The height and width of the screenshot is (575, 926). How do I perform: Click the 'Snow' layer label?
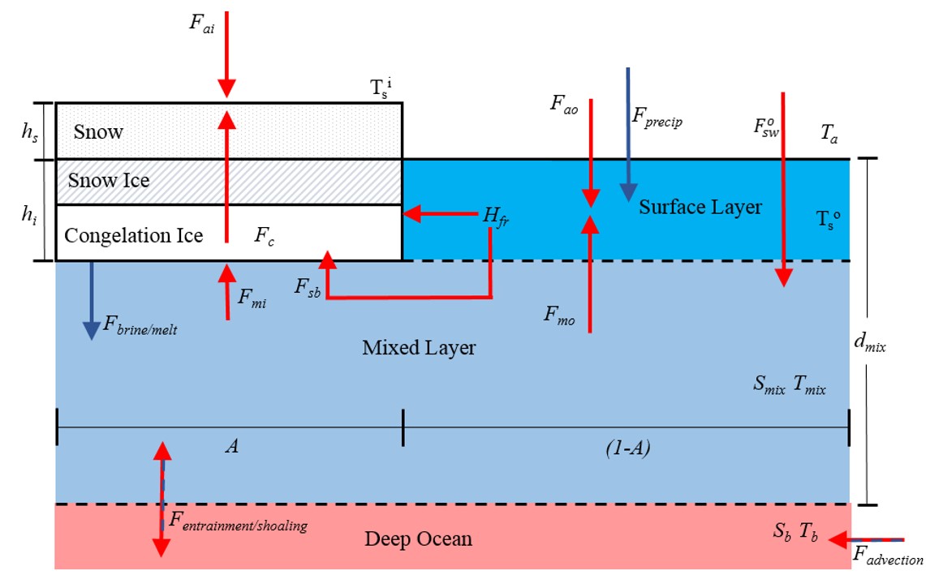[x=98, y=131]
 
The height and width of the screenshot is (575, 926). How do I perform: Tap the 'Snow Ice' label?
[x=109, y=180]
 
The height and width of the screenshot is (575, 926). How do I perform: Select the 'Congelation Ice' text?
[x=133, y=236]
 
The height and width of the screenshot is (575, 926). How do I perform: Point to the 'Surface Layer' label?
[x=700, y=207]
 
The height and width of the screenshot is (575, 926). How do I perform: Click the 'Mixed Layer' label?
[x=418, y=348]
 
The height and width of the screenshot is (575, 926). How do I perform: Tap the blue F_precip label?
[x=657, y=122]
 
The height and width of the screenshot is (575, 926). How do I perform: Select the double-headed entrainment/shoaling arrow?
[x=162, y=500]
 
